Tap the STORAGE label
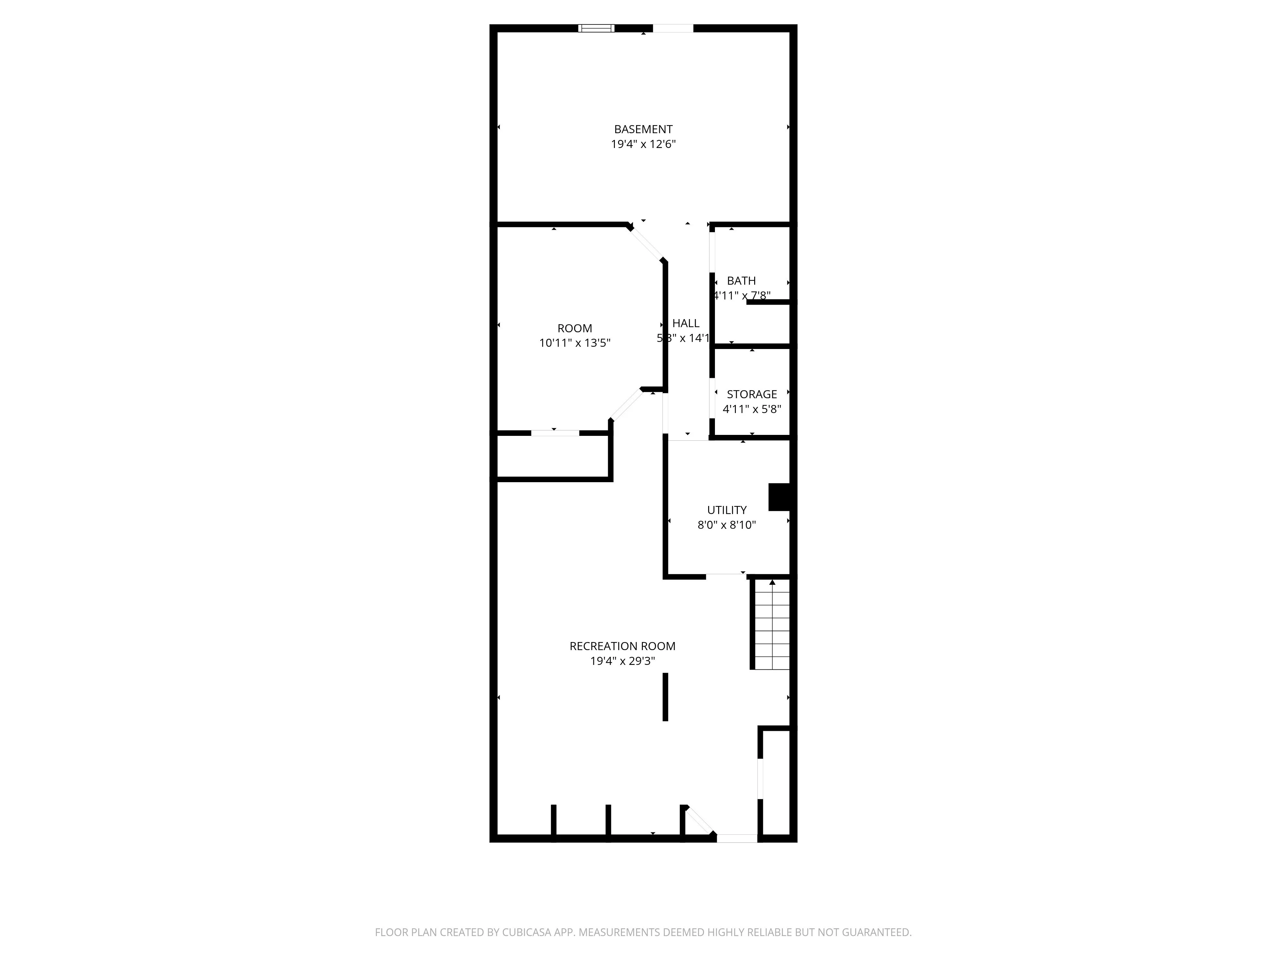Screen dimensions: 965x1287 [752, 394]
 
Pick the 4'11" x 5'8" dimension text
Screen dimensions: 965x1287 [752, 409]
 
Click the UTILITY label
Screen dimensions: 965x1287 [727, 510]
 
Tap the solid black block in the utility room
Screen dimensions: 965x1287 [779, 497]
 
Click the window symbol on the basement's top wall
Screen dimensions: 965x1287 [596, 28]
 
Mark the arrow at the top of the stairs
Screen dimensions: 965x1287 [772, 582]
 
